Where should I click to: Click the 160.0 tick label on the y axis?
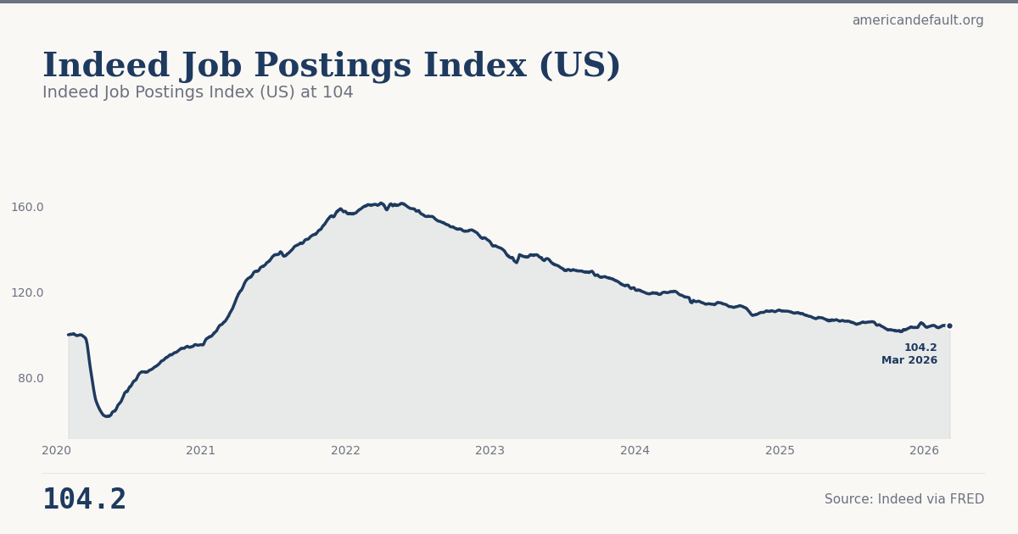tap(27, 207)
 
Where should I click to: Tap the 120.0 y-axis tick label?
tap(27, 292)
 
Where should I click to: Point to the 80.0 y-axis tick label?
tap(31, 378)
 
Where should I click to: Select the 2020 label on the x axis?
tap(56, 451)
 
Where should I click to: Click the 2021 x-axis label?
tap(201, 451)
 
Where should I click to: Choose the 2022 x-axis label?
tap(345, 451)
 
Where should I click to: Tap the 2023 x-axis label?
tap(490, 451)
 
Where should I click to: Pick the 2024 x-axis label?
tap(635, 451)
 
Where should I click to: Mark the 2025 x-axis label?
tap(780, 451)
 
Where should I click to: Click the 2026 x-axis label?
tap(924, 451)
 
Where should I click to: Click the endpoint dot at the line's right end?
tap(949, 325)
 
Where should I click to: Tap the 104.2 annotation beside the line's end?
tap(920, 348)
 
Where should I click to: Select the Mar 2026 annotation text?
tap(909, 360)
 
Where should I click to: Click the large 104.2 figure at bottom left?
tap(84, 499)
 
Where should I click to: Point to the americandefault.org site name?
tap(918, 20)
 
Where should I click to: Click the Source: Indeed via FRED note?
tap(904, 499)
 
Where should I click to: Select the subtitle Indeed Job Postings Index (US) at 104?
tap(198, 92)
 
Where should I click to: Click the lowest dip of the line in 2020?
tap(106, 416)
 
